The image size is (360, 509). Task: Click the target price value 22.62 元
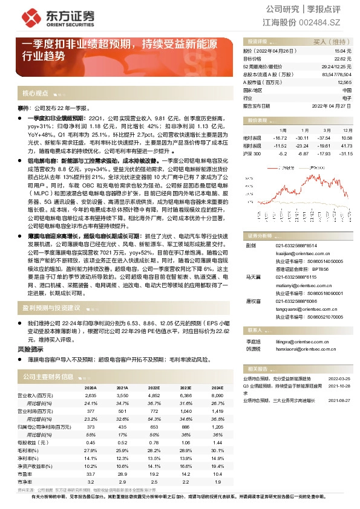[342, 59]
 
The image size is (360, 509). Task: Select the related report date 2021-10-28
[339, 384]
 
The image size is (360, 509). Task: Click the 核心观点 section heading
[35, 94]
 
